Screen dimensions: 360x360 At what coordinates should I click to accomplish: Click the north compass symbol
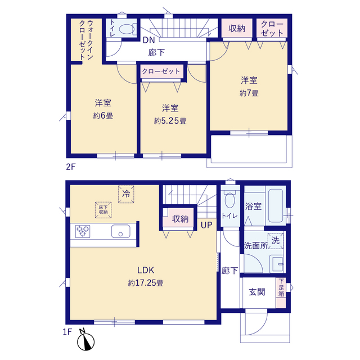pyautogui.click(x=85, y=341)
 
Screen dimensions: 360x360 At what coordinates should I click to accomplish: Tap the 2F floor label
pyautogui.click(x=71, y=166)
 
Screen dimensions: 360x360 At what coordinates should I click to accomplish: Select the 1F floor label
pyautogui.click(x=67, y=332)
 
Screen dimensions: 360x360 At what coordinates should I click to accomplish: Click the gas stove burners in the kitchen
pyautogui.click(x=83, y=231)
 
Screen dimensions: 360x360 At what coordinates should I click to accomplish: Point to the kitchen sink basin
pyautogui.click(x=121, y=231)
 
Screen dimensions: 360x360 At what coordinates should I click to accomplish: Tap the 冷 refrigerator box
pyautogui.click(x=126, y=194)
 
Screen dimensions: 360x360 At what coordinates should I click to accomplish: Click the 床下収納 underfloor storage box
pyautogui.click(x=103, y=210)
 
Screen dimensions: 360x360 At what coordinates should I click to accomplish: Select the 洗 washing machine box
pyautogui.click(x=276, y=241)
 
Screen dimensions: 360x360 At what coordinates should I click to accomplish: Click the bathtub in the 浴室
pyautogui.click(x=276, y=206)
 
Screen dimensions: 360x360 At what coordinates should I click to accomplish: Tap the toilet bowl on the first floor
pyautogui.click(x=229, y=200)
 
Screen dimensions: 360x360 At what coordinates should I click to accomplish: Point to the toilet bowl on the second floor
pyautogui.click(x=127, y=29)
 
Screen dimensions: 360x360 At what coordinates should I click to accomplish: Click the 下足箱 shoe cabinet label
pyautogui.click(x=281, y=287)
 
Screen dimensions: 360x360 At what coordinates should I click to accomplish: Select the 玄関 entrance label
pyautogui.click(x=257, y=292)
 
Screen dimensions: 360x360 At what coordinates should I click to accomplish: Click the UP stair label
pyautogui.click(x=206, y=225)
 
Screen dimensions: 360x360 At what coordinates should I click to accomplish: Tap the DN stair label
pyautogui.click(x=148, y=40)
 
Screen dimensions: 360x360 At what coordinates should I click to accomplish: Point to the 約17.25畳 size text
pyautogui.click(x=146, y=283)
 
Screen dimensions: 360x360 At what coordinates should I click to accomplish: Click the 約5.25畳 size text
pyautogui.click(x=170, y=121)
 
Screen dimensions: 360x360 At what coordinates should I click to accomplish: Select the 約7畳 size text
pyautogui.click(x=249, y=93)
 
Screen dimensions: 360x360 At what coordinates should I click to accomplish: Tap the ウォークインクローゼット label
pyautogui.click(x=86, y=40)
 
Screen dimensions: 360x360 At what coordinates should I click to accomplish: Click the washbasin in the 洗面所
pyautogui.click(x=277, y=264)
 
